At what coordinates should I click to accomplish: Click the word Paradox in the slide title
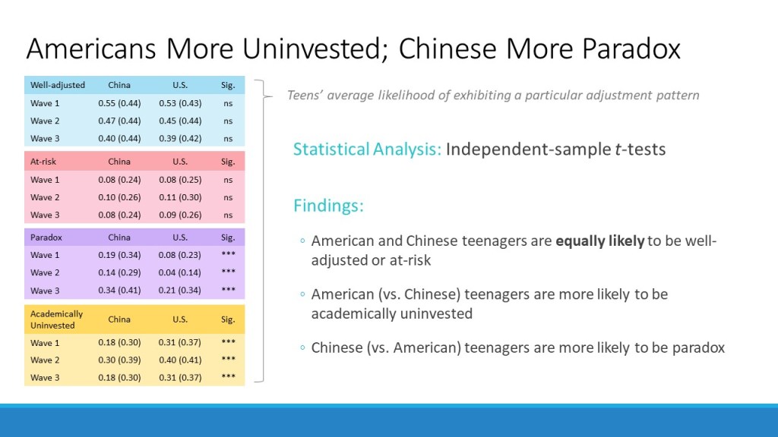[x=631, y=49]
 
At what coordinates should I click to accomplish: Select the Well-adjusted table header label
[x=58, y=85]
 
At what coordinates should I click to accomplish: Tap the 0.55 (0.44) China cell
[x=119, y=103]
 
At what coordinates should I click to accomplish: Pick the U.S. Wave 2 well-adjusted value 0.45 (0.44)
[x=180, y=121]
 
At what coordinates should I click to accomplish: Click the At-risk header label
[x=43, y=162]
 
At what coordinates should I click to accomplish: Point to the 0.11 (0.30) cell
[x=180, y=197]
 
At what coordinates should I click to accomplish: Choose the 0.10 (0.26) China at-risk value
[x=119, y=197]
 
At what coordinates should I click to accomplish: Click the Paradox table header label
[x=46, y=237]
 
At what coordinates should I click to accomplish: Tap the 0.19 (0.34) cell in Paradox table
[x=119, y=255]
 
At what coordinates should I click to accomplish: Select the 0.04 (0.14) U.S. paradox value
[x=179, y=272]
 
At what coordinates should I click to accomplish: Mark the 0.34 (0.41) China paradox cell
[x=119, y=291]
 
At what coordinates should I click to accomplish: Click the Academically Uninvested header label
[x=56, y=319]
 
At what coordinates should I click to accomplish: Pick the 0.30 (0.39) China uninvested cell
[x=119, y=360]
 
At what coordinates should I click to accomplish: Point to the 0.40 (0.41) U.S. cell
[x=179, y=360]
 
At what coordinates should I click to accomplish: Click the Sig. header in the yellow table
[x=228, y=319]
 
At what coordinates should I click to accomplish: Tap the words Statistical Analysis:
[x=367, y=149]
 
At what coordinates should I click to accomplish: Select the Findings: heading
[x=328, y=205]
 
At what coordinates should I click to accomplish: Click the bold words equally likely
[x=600, y=241]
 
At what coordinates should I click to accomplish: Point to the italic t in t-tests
[x=618, y=149]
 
